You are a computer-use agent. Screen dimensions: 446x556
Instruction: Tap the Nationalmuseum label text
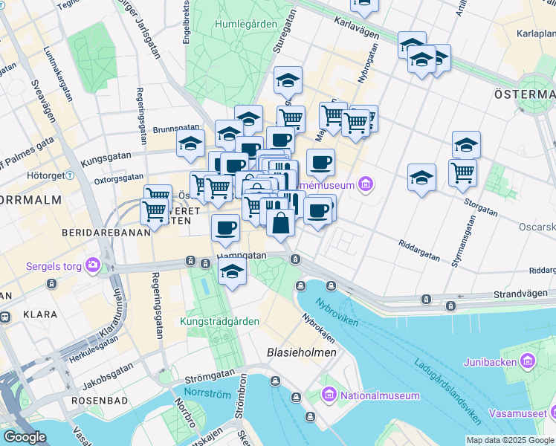pyautogui.click(x=379, y=395)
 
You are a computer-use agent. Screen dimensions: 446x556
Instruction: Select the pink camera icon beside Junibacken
pyautogui.click(x=528, y=362)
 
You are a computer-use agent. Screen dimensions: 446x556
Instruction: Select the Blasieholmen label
pyautogui.click(x=302, y=352)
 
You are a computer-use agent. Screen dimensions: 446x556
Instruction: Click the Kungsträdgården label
pyautogui.click(x=219, y=321)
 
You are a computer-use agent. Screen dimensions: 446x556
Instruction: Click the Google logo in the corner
pyautogui.click(x=25, y=437)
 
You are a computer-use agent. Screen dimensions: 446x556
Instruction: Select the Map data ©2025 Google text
pyautogui.click(x=509, y=440)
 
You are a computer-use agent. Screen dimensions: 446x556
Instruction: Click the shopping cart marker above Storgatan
pyautogui.click(x=462, y=172)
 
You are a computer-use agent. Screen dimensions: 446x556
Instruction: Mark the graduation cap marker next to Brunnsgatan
pyautogui.click(x=191, y=143)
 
